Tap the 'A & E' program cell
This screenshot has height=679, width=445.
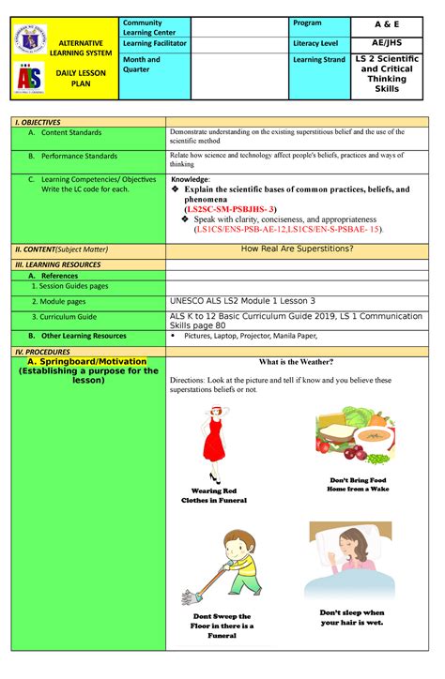pyautogui.click(x=387, y=25)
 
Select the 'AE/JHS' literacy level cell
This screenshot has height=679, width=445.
pyautogui.click(x=387, y=42)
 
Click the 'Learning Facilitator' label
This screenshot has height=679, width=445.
pyautogui.click(x=154, y=42)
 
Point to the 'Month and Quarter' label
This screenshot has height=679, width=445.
pyautogui.click(x=141, y=64)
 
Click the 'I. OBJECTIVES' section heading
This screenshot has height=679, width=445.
pyautogui.click(x=38, y=123)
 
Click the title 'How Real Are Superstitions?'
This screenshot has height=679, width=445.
pyautogui.click(x=297, y=249)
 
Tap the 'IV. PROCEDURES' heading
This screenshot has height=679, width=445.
pyautogui.click(x=42, y=350)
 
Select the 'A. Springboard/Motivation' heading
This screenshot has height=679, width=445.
pyautogui.click(x=87, y=361)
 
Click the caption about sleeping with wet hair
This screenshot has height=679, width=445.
pyautogui.click(x=352, y=616)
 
